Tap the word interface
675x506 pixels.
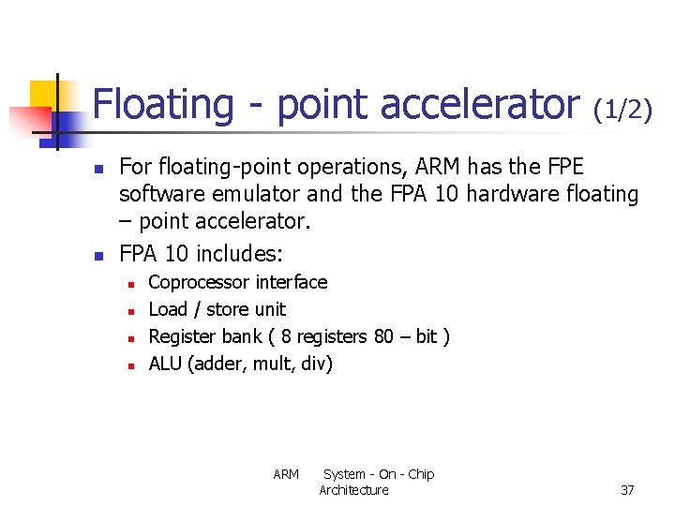coord(292,282)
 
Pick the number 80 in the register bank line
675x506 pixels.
coord(383,336)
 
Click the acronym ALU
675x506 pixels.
coord(166,364)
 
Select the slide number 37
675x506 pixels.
coord(628,490)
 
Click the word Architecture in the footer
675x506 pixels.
coord(353,490)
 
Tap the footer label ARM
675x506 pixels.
coord(286,474)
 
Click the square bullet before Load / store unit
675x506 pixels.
coord(132,310)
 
